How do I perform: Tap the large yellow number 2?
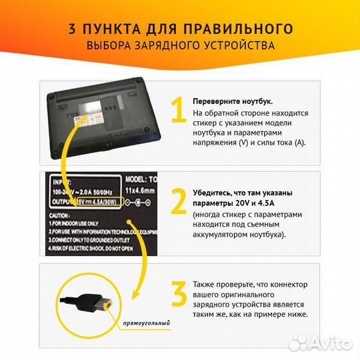pos(178,201)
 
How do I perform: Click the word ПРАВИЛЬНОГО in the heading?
pos(241,29)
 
